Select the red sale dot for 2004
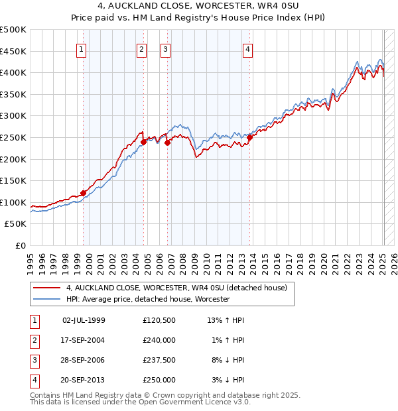pyautogui.click(x=143, y=142)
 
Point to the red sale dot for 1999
pyautogui.click(x=84, y=193)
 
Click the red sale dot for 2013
pyautogui.click(x=249, y=138)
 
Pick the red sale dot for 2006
pyautogui.click(x=167, y=143)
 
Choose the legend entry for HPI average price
pyautogui.click(x=147, y=299)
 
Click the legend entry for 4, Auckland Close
pyautogui.click(x=176, y=288)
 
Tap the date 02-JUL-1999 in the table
pyautogui.click(x=84, y=320)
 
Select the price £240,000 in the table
pyautogui.click(x=159, y=340)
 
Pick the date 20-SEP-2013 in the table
pyautogui.click(x=84, y=380)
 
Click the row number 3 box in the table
pyautogui.click(x=34, y=360)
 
